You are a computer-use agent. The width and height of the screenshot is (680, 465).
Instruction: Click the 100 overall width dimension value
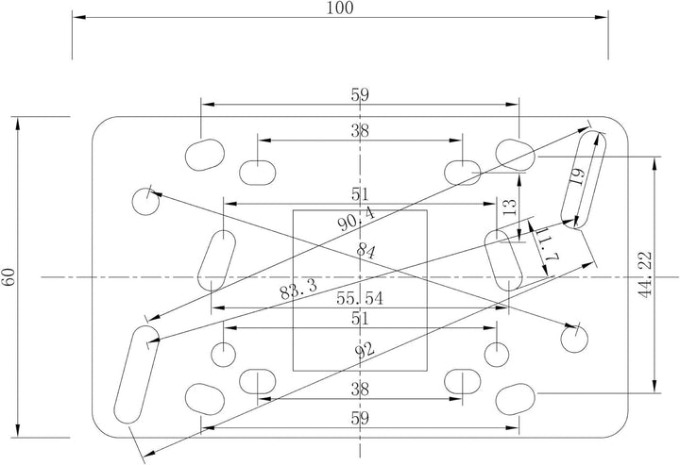[x=340, y=8]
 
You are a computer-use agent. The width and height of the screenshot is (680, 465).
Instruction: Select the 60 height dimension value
[x=9, y=276]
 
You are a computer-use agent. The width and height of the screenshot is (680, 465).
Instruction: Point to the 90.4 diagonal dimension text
[x=356, y=218]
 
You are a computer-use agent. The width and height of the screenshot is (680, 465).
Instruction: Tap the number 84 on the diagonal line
[x=366, y=251]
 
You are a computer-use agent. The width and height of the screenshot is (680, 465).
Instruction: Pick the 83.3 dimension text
[x=298, y=290]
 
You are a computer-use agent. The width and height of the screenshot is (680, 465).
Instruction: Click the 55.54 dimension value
[x=360, y=299]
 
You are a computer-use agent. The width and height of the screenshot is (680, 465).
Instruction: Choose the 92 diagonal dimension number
[x=365, y=349]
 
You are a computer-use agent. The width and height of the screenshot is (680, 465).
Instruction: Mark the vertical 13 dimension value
[x=511, y=208]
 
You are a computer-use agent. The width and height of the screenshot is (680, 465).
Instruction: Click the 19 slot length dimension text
[x=579, y=176]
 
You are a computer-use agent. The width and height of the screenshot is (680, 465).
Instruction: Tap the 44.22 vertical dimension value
[x=646, y=274]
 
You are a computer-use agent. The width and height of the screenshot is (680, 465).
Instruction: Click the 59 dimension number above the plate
[x=360, y=95]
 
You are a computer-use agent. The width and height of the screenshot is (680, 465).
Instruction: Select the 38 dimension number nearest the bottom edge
[x=360, y=390]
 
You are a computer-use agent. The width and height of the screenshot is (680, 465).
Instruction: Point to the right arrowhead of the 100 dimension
[x=601, y=17]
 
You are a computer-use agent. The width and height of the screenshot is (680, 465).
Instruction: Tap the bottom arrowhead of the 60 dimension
[x=18, y=430]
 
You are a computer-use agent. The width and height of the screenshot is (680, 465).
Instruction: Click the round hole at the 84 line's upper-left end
[x=145, y=202]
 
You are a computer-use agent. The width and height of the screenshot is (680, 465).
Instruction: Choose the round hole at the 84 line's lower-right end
[x=574, y=339]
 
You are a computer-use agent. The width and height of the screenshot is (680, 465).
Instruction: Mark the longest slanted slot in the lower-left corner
[x=136, y=375]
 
